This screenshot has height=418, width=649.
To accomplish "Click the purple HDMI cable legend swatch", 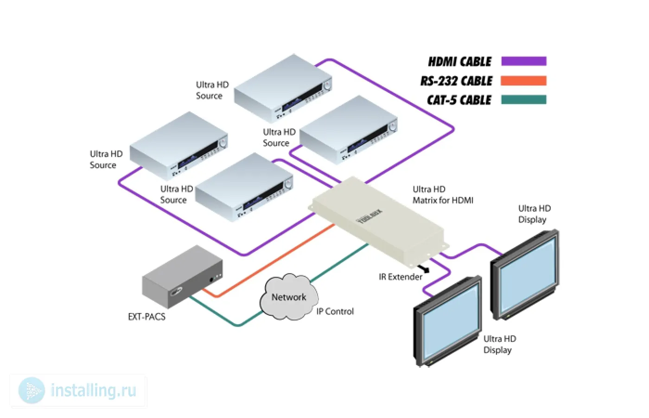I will (524, 61).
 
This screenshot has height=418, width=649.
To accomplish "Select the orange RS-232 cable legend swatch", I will (524, 81).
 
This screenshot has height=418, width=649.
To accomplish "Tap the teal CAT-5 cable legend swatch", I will (524, 100).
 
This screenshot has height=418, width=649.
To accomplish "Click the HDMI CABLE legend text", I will (459, 62).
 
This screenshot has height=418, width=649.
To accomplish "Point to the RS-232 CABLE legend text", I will (456, 81).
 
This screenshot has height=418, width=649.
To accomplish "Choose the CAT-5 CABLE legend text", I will (459, 100).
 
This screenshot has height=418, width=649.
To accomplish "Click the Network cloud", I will (289, 298).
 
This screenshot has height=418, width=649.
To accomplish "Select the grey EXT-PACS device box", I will (181, 277).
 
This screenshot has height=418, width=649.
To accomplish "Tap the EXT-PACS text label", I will (146, 317).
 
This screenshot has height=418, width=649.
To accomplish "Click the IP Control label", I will (335, 312).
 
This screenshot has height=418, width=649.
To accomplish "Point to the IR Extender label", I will (401, 277).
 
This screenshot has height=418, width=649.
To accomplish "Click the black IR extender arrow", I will (423, 268).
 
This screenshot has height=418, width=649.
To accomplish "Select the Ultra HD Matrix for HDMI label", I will (443, 195).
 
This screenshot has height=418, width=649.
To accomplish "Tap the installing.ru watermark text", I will (93, 391).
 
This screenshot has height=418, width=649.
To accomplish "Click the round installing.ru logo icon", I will (32, 391).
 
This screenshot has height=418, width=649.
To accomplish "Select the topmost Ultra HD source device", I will (283, 88).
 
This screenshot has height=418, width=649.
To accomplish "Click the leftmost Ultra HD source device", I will (178, 145).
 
